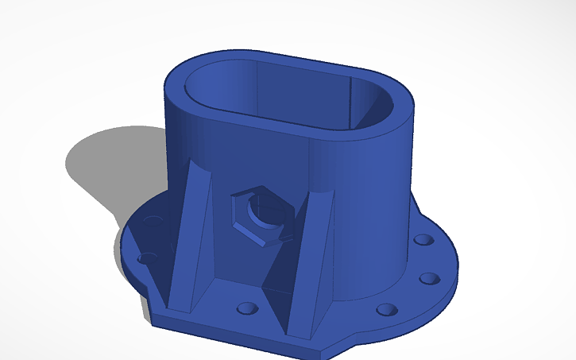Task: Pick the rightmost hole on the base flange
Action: tap(429, 278)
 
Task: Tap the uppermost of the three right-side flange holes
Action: tap(423, 239)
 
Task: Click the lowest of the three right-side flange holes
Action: tap(386, 309)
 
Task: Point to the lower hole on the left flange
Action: tap(145, 258)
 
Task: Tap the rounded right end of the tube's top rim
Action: tap(401, 111)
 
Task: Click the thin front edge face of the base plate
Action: tap(238, 335)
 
